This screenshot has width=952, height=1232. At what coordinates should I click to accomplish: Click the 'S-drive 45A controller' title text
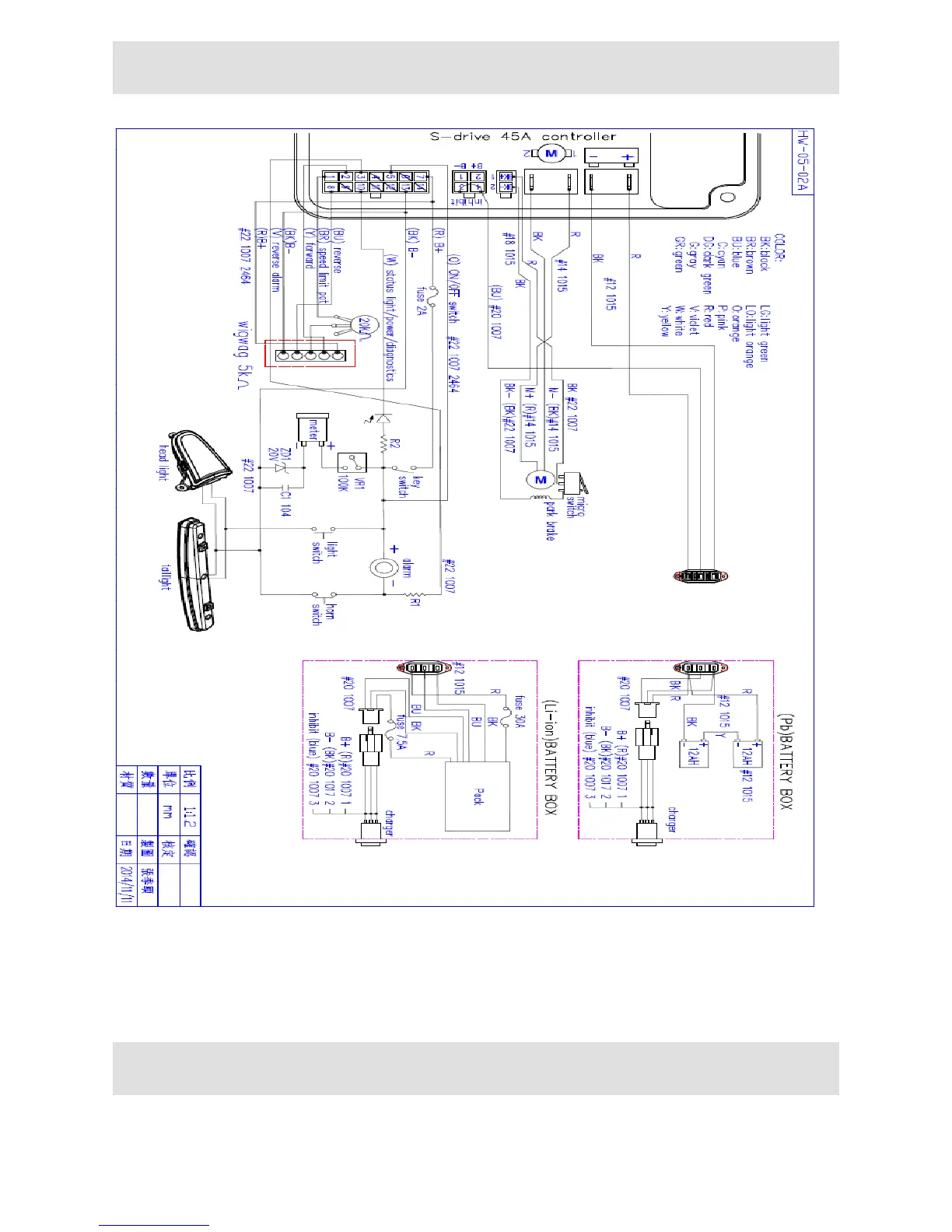pyautogui.click(x=523, y=137)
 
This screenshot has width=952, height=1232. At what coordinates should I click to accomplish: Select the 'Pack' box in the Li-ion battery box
pyautogui.click(x=477, y=796)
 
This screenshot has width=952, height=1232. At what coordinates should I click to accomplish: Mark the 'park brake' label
pyautogui.click(x=551, y=520)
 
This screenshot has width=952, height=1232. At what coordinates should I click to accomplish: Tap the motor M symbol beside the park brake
pyautogui.click(x=541, y=479)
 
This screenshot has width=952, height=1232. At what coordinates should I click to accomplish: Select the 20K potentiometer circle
pyautogui.click(x=362, y=324)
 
